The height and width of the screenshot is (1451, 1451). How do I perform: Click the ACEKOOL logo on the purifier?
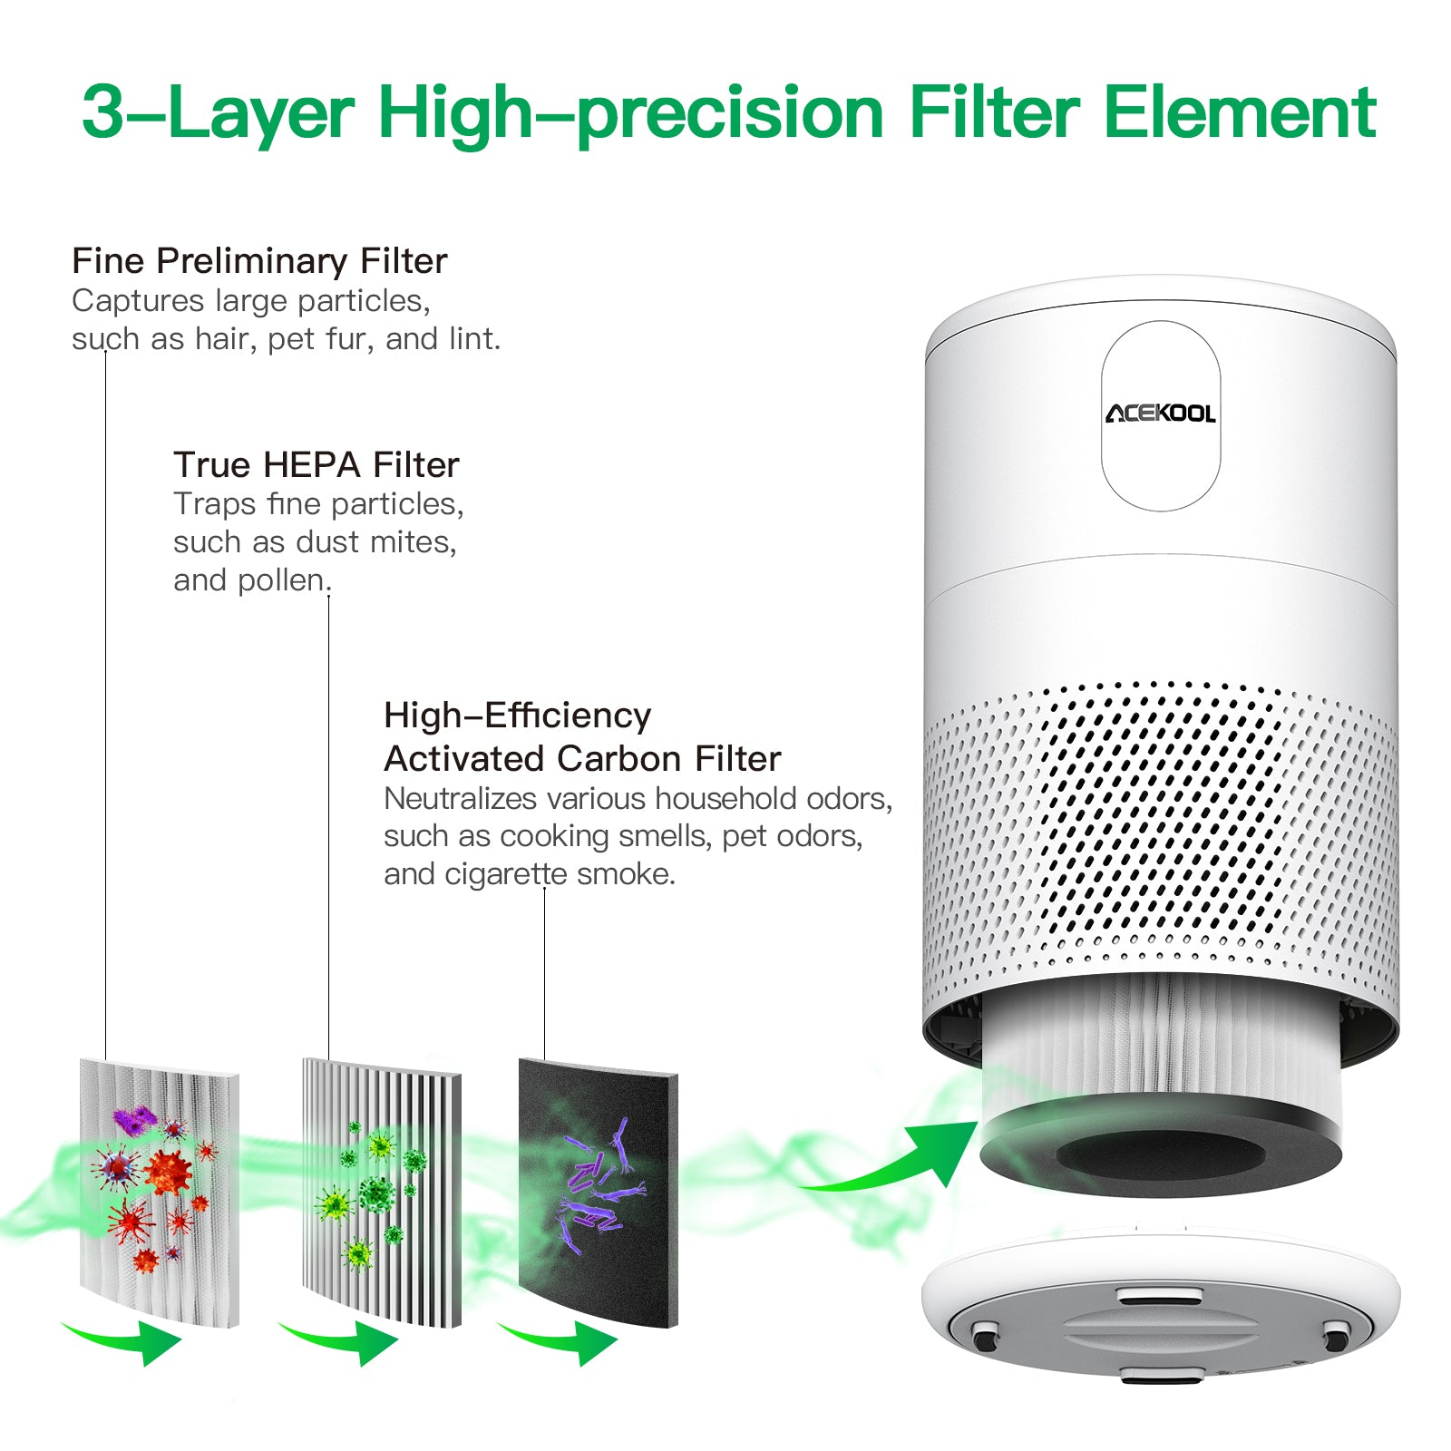point(1160,414)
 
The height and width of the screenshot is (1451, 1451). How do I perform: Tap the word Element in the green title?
point(1240,112)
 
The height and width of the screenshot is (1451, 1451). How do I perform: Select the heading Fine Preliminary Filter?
point(259,261)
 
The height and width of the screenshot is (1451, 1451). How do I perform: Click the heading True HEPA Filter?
point(316,464)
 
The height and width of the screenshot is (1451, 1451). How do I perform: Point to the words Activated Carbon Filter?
point(582,758)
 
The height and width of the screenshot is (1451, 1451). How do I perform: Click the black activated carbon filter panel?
point(599,1192)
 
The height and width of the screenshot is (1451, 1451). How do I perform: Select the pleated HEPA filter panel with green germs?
point(382,1192)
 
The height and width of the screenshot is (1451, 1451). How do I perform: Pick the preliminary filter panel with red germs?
point(160,1192)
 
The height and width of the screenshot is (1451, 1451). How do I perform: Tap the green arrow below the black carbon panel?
point(562,1340)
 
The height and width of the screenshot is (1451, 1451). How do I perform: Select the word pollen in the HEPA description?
point(284,580)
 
